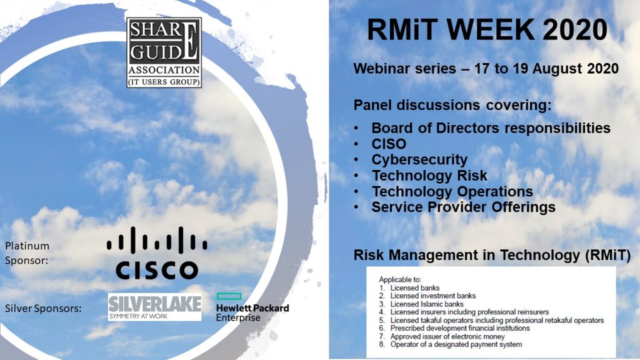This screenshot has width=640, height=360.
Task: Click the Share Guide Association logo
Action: pos(164,52)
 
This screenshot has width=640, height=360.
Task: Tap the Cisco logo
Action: pos(157,253)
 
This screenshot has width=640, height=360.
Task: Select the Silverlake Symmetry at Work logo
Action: pos(155,307)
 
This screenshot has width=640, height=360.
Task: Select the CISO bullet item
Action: pos(389,144)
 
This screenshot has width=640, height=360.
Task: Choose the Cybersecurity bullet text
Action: pos(419,159)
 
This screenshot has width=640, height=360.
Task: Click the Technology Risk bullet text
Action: pos(429,176)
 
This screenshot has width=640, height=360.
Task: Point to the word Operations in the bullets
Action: pos(495,191)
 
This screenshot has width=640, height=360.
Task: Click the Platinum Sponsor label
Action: pos(27,253)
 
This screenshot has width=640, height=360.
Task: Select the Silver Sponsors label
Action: pos(43,309)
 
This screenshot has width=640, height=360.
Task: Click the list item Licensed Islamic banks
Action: pos(426,304)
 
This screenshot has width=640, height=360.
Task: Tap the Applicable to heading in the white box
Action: pos(399,279)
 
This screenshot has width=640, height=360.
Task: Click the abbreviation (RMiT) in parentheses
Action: pos(607,256)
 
